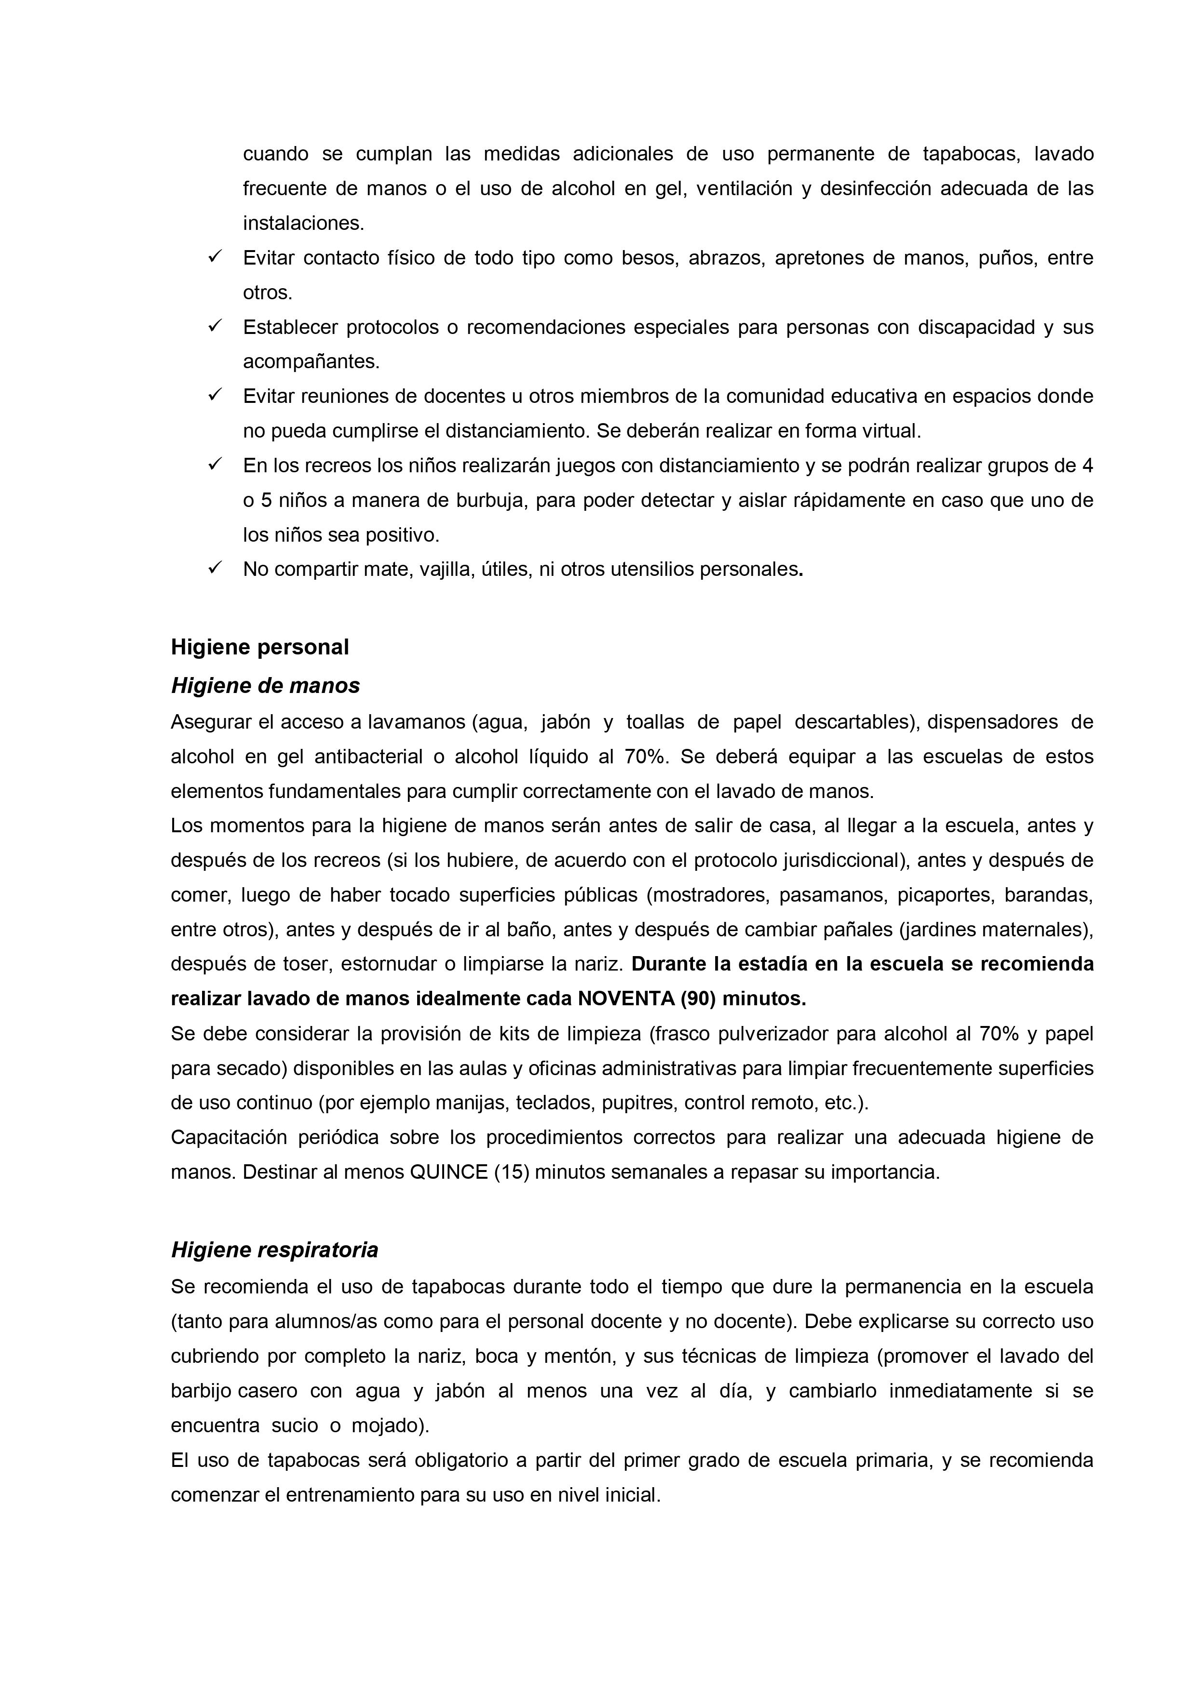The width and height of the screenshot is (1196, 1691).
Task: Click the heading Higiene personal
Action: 259,647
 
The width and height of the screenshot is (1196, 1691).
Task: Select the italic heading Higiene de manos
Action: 265,686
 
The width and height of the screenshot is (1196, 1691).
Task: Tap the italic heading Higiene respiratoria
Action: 274,1250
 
